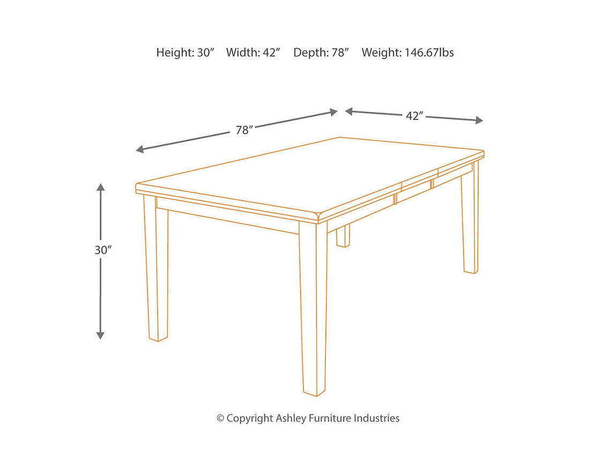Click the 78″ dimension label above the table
(x=244, y=130)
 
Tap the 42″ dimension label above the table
(x=414, y=116)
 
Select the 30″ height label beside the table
(x=102, y=250)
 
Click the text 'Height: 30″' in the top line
(x=185, y=52)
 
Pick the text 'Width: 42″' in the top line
(x=253, y=52)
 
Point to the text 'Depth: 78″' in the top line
(x=321, y=52)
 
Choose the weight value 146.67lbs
(x=423, y=52)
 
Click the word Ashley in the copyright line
(x=290, y=418)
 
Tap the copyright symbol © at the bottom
(x=220, y=418)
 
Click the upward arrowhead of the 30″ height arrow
(x=100, y=187)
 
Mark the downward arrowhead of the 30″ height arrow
(x=100, y=335)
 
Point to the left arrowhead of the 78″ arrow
(x=140, y=149)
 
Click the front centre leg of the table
(x=314, y=311)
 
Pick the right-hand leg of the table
(x=470, y=220)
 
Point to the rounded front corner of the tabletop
(x=318, y=216)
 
